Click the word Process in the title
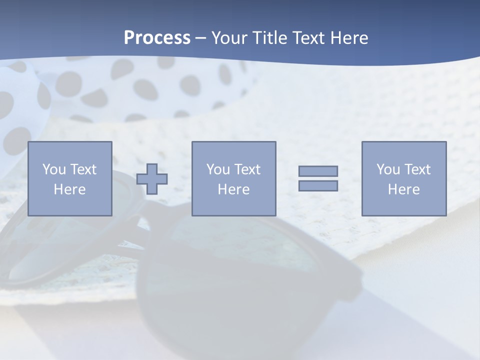click(x=157, y=38)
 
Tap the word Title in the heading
click(x=269, y=38)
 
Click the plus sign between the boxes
click(x=152, y=178)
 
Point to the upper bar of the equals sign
click(x=318, y=171)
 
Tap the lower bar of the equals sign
click(x=318, y=185)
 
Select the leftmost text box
click(x=69, y=178)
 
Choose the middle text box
click(x=233, y=178)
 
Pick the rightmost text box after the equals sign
click(x=404, y=178)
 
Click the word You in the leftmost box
click(x=54, y=169)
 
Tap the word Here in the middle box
click(x=233, y=189)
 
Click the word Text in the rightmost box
click(x=417, y=169)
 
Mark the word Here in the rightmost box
click(x=404, y=189)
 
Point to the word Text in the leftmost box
click(x=83, y=169)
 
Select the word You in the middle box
click(x=218, y=169)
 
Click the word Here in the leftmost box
click(x=69, y=189)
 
